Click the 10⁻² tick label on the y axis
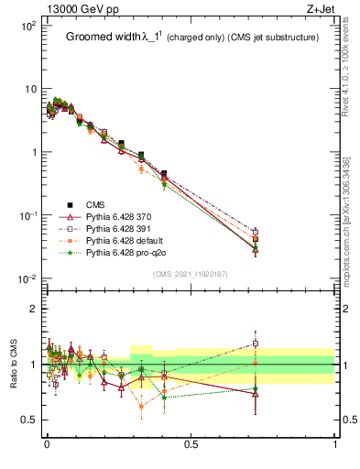point(25,278)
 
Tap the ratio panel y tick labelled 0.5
point(28,420)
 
